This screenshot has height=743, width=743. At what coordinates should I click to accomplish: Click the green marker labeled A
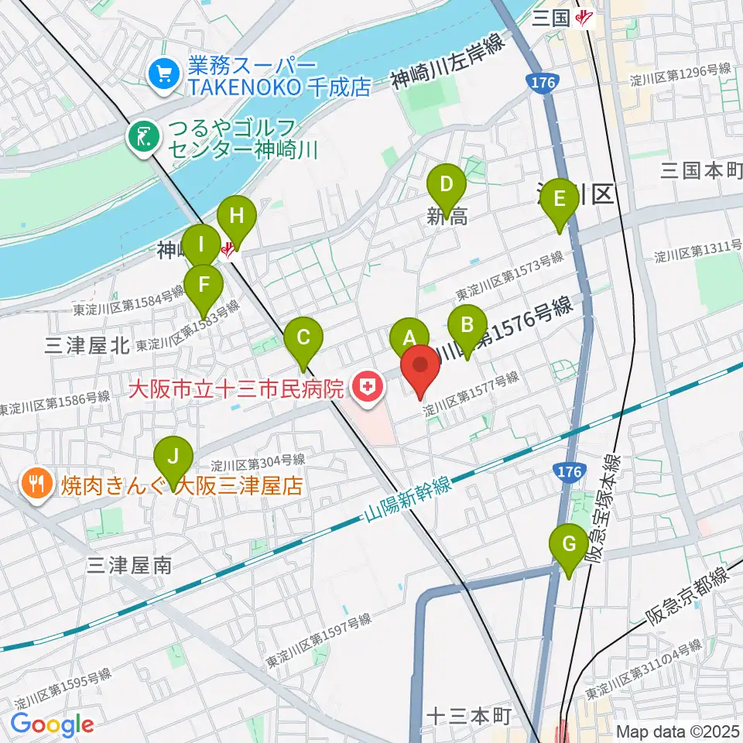[409, 337]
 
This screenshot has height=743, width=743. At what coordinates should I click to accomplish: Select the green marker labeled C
[303, 337]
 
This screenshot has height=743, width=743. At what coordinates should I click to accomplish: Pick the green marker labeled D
[447, 185]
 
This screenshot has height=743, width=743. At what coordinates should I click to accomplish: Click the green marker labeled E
[560, 199]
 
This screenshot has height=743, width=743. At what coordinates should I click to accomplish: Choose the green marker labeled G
[569, 544]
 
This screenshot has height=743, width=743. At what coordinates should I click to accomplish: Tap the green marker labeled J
[173, 457]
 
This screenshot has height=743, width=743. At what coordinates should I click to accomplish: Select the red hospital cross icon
[368, 386]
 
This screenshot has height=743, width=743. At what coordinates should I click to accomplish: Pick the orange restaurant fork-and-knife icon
[36, 485]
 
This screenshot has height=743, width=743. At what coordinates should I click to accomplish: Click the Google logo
[52, 724]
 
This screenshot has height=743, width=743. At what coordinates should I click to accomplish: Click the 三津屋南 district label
[129, 566]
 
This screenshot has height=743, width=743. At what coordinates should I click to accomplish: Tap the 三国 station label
[551, 18]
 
